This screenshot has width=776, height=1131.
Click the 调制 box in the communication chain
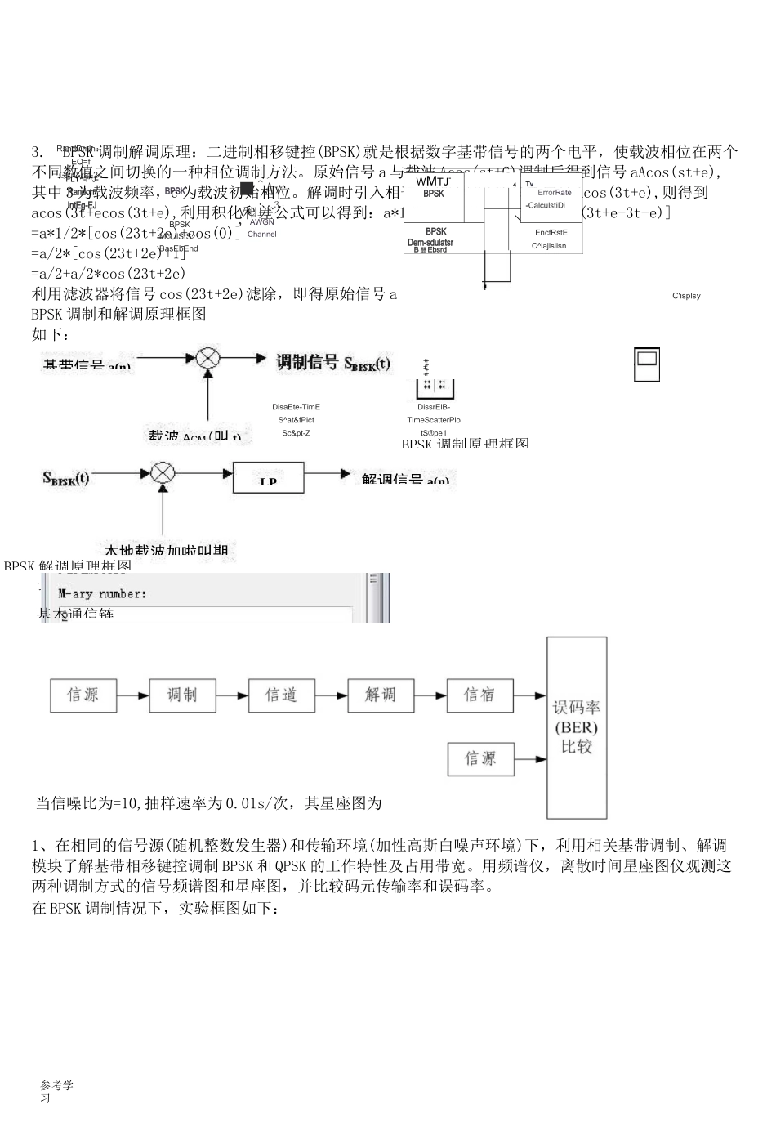point(182,695)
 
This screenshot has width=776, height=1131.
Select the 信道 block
point(282,695)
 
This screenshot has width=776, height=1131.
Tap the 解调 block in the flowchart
point(381,695)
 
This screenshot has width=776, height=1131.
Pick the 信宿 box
point(480,695)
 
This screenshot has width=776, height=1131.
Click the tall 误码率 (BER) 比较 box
point(577,727)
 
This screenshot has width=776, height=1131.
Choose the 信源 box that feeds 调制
point(83,695)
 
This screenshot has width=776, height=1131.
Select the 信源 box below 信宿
point(480,759)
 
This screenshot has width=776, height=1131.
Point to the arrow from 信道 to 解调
point(332,695)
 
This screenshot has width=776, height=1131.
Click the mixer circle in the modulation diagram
point(208,358)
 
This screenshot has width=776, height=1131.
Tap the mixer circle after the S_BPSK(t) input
point(163,473)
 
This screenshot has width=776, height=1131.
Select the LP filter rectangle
point(268,477)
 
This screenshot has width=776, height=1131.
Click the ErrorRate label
point(555,193)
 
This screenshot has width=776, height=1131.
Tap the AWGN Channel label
point(261,228)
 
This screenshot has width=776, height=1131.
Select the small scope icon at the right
point(647,364)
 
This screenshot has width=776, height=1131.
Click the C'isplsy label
point(686,295)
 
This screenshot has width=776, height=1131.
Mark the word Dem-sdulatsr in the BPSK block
point(430,242)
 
